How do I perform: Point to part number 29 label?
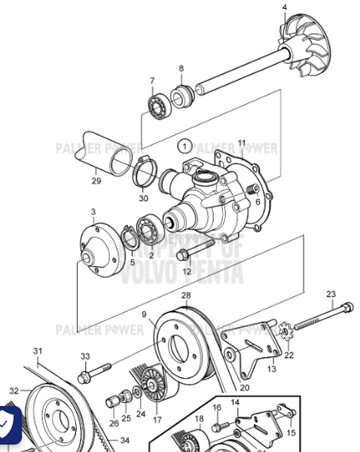pos(96,181)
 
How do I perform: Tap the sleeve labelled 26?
pos(114,399)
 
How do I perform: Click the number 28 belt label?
pos(186,295)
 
